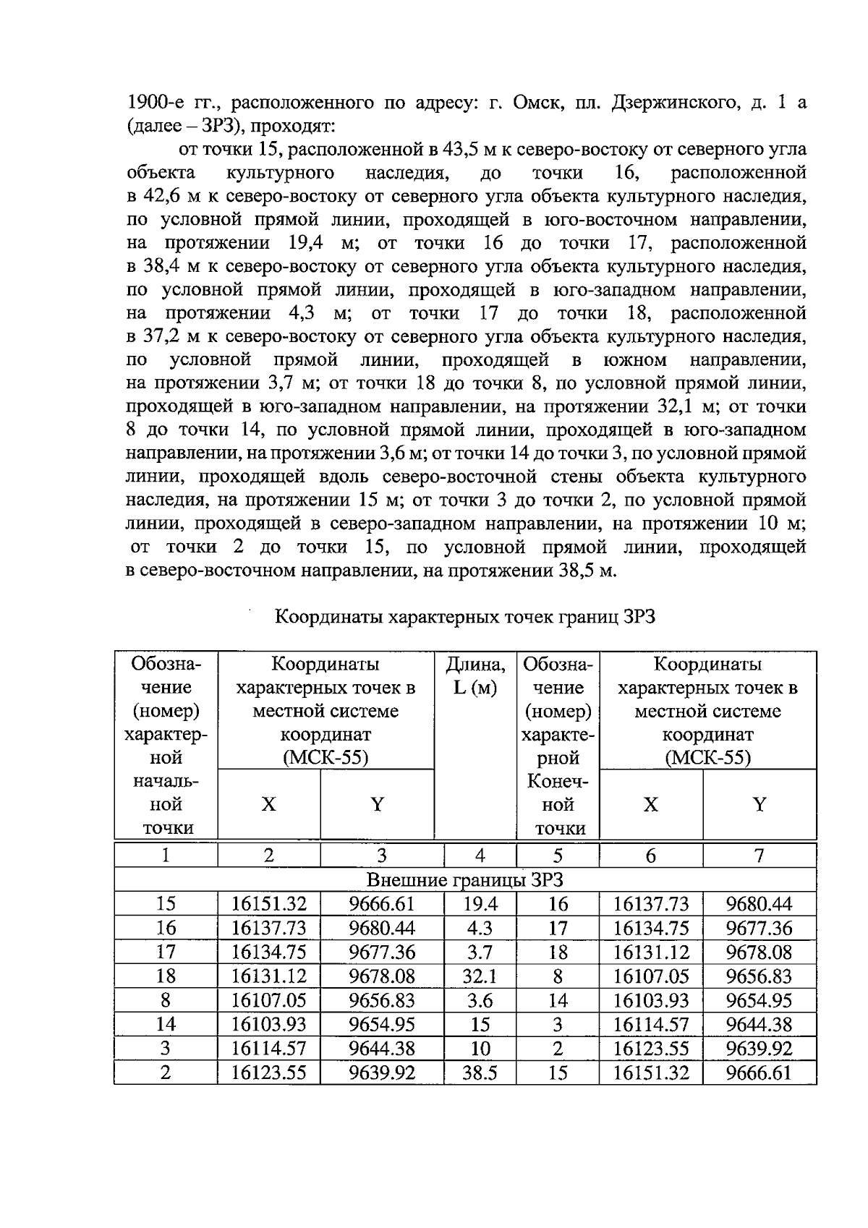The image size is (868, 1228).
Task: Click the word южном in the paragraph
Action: (634, 360)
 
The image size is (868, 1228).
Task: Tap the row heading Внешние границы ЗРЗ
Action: (465, 880)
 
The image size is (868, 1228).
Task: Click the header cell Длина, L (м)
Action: (475, 675)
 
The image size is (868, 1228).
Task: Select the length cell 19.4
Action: (480, 904)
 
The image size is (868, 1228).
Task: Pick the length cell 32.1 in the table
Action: (480, 976)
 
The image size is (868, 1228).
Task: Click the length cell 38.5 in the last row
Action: (480, 1073)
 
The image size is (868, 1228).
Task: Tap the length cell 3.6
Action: (480, 1001)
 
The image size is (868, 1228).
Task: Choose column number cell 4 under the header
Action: (480, 856)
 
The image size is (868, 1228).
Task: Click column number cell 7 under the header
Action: (759, 856)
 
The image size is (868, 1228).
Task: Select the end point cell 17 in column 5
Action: (558, 929)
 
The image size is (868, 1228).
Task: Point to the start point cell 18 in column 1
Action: (166, 976)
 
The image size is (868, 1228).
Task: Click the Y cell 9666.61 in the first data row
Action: (381, 904)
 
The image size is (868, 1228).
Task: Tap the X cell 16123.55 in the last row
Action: (268, 1073)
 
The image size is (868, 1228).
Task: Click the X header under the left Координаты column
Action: (268, 804)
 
